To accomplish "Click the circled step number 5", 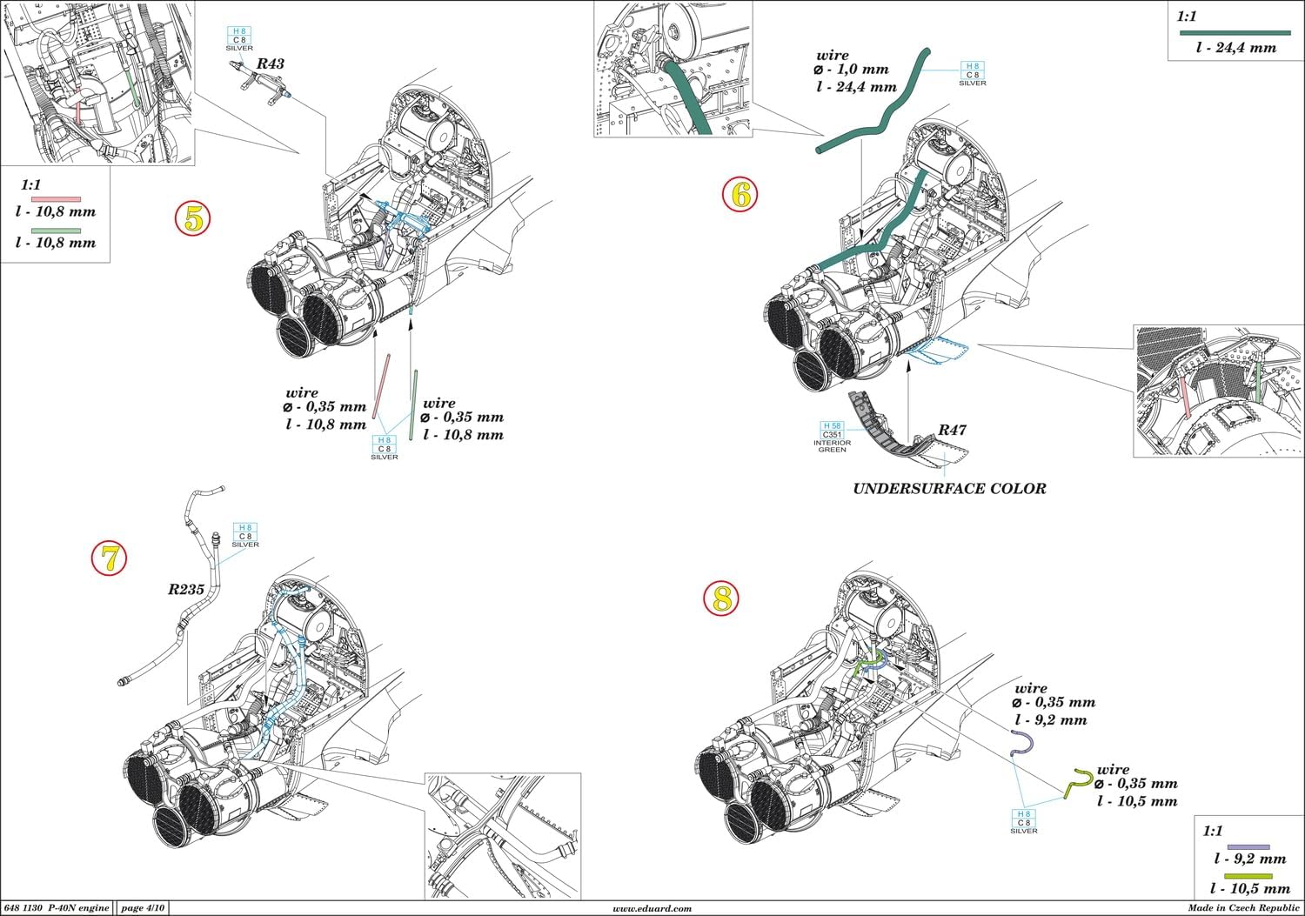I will click(x=192, y=219).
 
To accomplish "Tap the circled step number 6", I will click(x=740, y=195).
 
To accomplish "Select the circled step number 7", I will click(x=110, y=558).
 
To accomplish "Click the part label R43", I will click(x=270, y=64).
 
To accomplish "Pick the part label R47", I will click(x=951, y=430).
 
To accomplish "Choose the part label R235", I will click(x=186, y=589).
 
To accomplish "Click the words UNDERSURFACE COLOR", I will click(x=949, y=488).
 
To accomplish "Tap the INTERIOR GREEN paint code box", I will click(x=832, y=433).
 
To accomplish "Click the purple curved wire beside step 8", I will click(x=1021, y=744).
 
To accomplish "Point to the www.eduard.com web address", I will click(x=652, y=908).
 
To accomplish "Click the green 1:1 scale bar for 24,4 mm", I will click(x=1234, y=32).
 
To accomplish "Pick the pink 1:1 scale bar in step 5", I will click(x=56, y=199).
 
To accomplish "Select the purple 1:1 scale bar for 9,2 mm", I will click(x=1248, y=846).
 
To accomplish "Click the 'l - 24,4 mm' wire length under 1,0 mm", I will click(x=857, y=87).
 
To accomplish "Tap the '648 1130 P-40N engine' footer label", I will click(x=57, y=908).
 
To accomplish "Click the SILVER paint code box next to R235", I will click(x=245, y=535).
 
